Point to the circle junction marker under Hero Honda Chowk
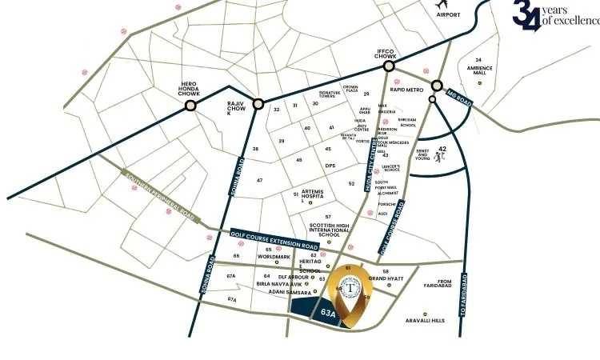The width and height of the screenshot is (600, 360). (190, 106)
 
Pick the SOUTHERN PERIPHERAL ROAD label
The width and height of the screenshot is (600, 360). (154, 195)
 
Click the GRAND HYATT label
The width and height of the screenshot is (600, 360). (386, 278)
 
